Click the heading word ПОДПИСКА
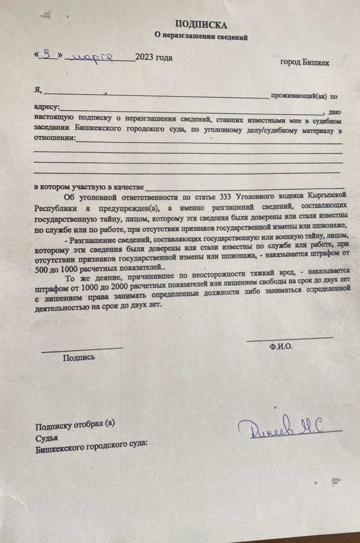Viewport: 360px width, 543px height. (x=201, y=25)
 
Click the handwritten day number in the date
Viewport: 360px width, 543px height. (x=48, y=55)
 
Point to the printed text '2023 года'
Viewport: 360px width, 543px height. (x=154, y=58)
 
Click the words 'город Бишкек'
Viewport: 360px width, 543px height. (x=304, y=63)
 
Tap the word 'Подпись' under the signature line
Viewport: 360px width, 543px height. (x=79, y=357)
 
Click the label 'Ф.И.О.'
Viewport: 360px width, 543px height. (x=281, y=347)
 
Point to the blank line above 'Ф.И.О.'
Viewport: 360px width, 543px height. (x=290, y=339)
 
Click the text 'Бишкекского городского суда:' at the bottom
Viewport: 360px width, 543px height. (x=91, y=449)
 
